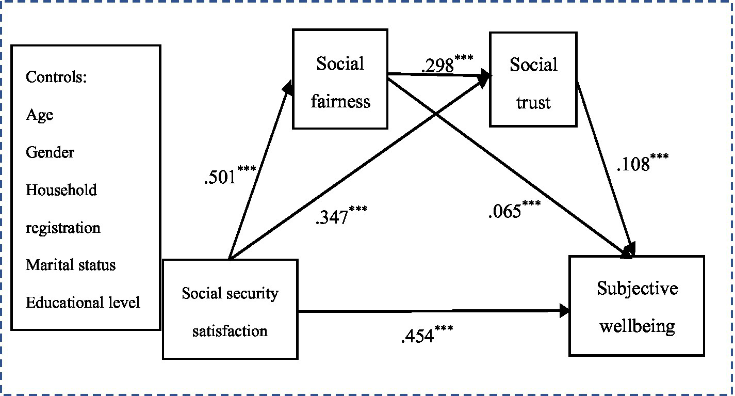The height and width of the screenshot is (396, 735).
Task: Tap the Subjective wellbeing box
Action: click(636, 306)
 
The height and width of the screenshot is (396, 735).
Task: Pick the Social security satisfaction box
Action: click(230, 309)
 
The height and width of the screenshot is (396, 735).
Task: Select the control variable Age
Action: click(40, 115)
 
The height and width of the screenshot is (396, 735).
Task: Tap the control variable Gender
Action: click(50, 153)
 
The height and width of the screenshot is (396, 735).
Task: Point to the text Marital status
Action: click(71, 265)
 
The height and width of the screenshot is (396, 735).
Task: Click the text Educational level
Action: click(83, 303)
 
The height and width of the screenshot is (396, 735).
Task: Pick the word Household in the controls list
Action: click(61, 190)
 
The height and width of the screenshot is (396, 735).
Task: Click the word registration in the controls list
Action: click(63, 228)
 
